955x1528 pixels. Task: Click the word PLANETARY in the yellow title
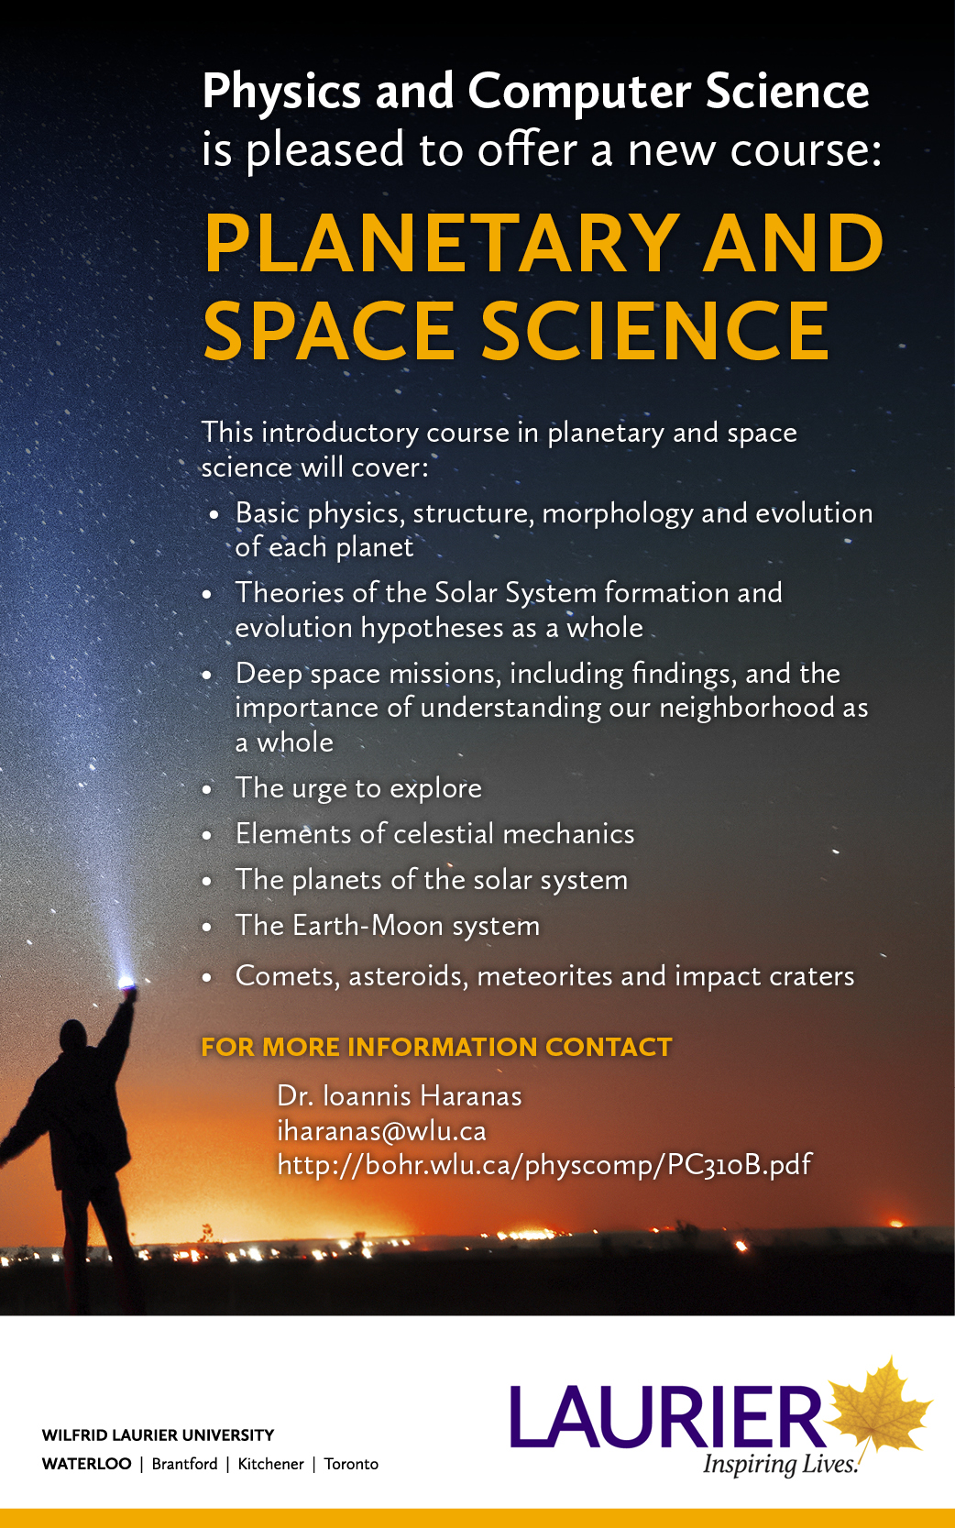(439, 243)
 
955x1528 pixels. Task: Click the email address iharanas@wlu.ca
(381, 1131)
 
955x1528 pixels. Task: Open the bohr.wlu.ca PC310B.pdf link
(544, 1165)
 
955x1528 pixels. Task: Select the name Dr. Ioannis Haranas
(399, 1096)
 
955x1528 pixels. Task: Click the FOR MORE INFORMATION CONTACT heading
(436, 1047)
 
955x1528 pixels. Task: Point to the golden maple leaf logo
(879, 1408)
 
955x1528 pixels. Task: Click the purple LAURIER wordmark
(667, 1414)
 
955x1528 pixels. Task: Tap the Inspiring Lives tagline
(780, 1464)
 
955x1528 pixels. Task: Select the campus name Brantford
(184, 1464)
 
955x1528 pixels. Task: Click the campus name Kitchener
(270, 1464)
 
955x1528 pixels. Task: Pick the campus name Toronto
(351, 1464)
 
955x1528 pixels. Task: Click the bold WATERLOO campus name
(87, 1464)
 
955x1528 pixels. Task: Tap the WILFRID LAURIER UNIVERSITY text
(158, 1435)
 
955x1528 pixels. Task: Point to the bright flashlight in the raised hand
(126, 983)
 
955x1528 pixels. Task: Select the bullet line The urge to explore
(358, 788)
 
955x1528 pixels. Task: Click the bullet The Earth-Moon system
(388, 927)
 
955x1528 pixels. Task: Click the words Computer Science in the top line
(668, 91)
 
